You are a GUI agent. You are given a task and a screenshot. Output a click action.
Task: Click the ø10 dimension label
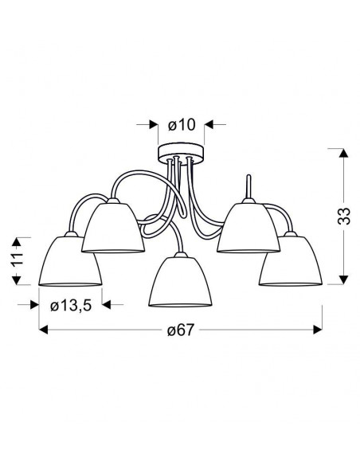182,125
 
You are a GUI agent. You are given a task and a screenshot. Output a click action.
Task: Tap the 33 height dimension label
344,216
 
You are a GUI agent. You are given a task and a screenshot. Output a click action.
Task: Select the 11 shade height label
18,260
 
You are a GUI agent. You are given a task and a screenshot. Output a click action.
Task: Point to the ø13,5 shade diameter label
71,306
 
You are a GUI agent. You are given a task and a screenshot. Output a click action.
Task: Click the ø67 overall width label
181,330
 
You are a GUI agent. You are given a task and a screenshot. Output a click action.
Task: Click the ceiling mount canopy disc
181,154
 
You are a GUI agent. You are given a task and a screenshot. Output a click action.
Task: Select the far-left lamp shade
70,260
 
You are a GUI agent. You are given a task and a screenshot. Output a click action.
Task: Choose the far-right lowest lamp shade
291,260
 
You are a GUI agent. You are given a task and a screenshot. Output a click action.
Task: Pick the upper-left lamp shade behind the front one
113,226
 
